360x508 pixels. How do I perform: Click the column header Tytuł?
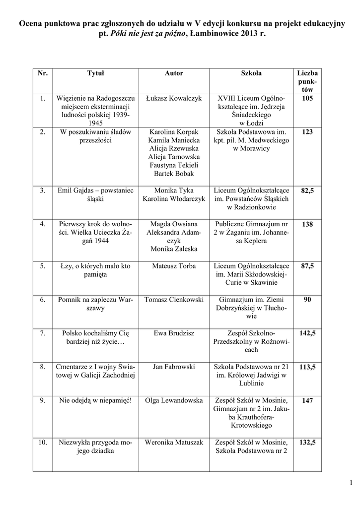95,73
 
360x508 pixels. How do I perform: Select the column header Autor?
174,73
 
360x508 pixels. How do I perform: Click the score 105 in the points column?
307,99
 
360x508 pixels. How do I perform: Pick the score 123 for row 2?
307,132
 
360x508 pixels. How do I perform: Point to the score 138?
307,224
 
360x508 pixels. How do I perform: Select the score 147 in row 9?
307,400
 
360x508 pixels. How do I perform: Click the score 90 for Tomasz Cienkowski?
307,300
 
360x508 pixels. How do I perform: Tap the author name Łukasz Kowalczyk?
174,99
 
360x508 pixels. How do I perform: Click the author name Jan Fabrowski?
174,367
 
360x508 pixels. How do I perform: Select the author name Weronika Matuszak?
174,442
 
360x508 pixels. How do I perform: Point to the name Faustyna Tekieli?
174,165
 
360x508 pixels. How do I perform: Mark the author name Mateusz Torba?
174,266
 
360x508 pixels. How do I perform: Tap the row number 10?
43,442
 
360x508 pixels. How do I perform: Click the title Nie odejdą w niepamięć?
95,400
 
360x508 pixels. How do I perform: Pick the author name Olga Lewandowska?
174,400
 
